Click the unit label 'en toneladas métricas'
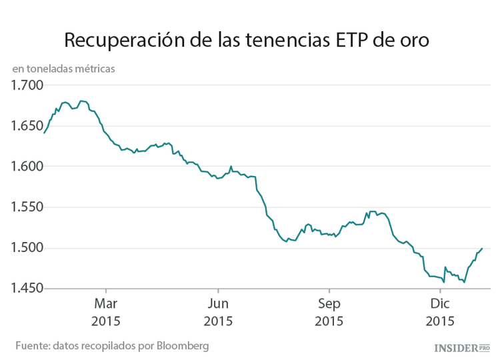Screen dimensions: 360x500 tap(63, 69)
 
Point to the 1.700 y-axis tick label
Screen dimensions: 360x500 tap(27, 85)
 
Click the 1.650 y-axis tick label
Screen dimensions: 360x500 tap(27, 126)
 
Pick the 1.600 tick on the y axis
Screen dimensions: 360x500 tap(27, 167)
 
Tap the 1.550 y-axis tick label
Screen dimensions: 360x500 tap(27, 207)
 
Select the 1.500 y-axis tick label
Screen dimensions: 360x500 tap(27, 248)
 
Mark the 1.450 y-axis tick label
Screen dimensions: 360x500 tap(27, 289)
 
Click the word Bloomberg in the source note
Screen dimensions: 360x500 tap(183, 346)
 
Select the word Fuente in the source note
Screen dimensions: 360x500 tap(32, 346)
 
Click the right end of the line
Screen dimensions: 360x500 tap(482, 249)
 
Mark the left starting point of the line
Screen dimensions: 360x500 tap(44, 133)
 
